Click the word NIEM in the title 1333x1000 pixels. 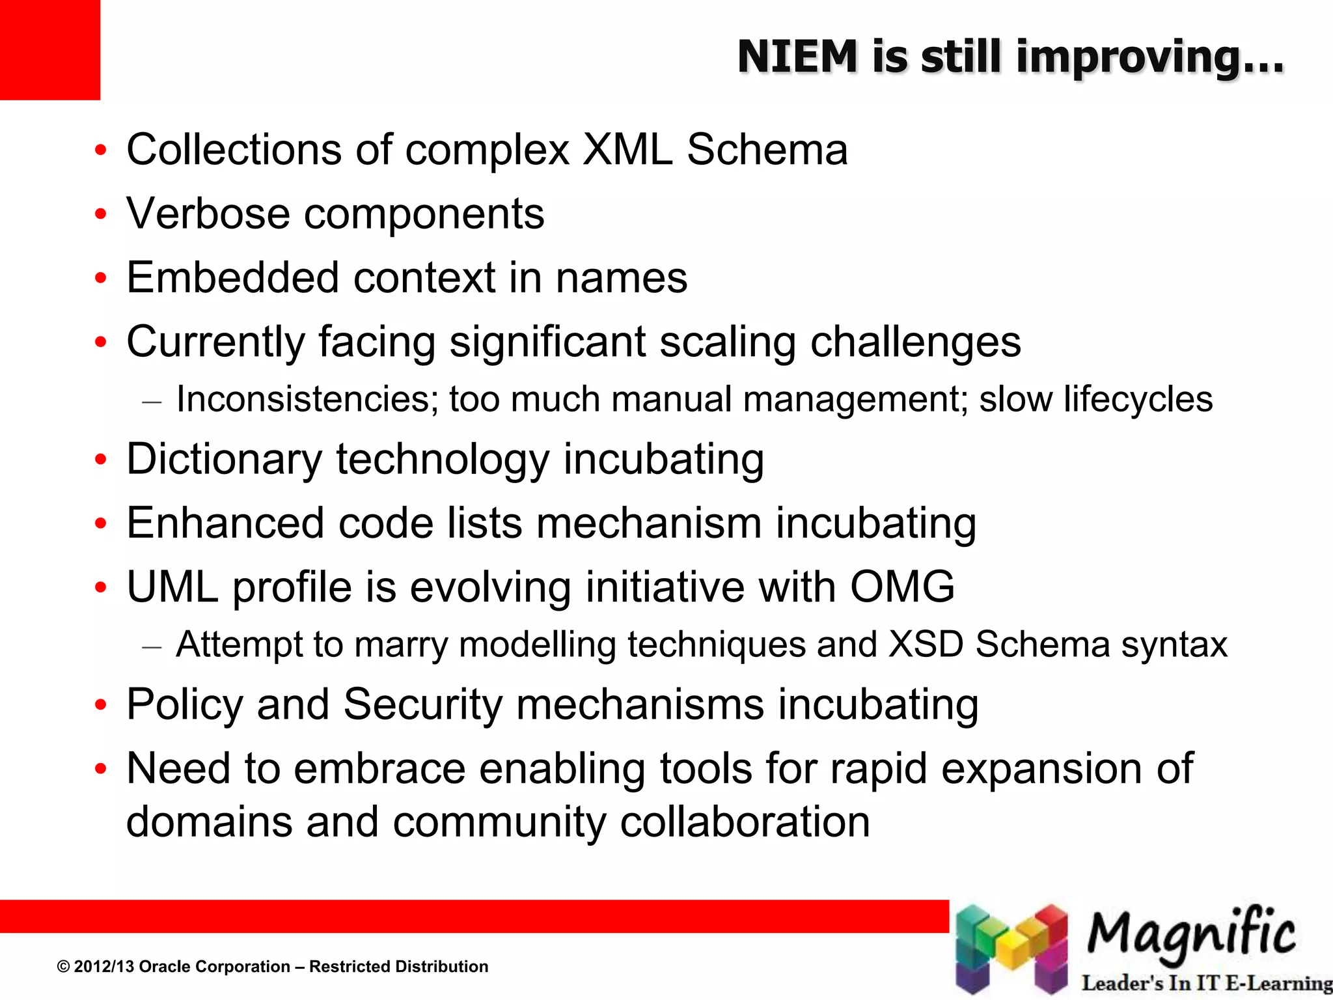click(797, 57)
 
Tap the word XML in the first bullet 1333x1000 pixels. click(627, 150)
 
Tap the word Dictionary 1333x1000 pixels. click(224, 460)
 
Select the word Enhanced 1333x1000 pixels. click(225, 523)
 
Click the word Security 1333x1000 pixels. click(423, 705)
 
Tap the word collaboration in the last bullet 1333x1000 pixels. click(745, 822)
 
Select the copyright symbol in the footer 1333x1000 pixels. click(63, 967)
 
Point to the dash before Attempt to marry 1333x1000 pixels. click(151, 647)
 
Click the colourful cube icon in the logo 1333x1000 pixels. click(1011, 948)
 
